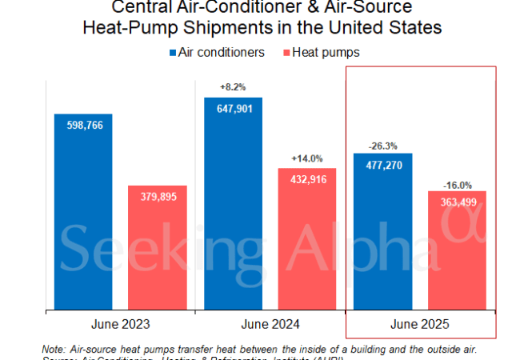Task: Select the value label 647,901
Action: [x=233, y=110]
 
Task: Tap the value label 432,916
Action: [x=307, y=180]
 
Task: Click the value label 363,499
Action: [x=457, y=202]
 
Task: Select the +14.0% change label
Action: [x=307, y=158]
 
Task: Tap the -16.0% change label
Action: [x=457, y=183]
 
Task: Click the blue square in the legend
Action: [x=174, y=53]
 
